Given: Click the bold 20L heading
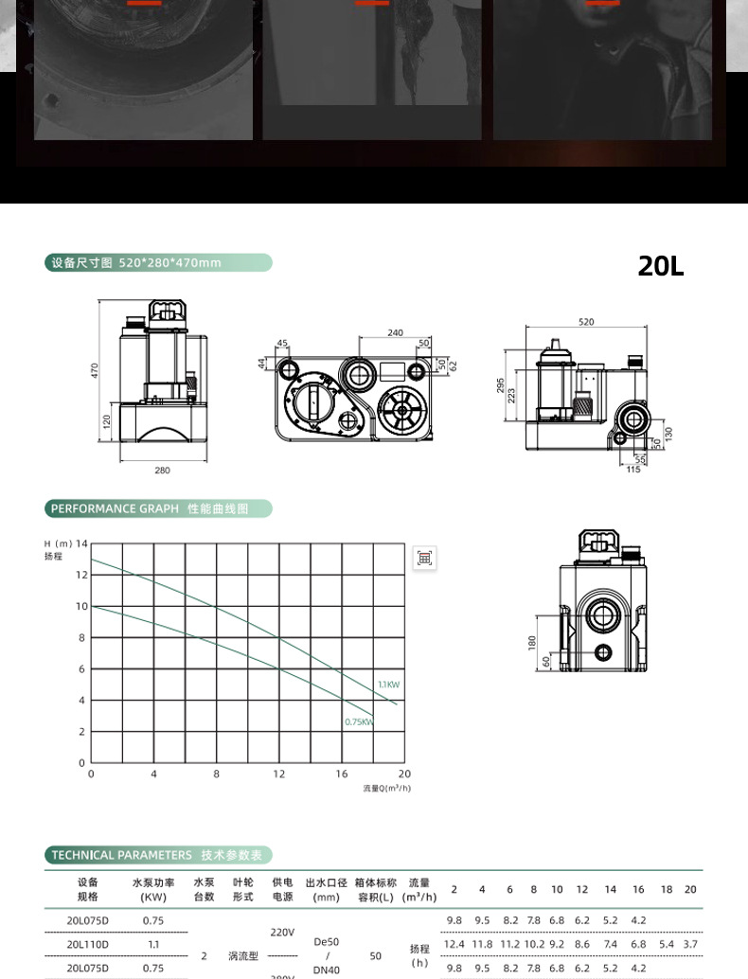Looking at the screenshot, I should (660, 266).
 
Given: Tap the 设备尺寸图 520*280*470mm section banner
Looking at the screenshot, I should (157, 263).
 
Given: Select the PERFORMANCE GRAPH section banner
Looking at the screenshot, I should (157, 509).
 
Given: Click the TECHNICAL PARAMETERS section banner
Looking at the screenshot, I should (157, 855).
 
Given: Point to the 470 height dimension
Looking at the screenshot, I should (95, 371).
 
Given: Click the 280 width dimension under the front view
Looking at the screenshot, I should (162, 471).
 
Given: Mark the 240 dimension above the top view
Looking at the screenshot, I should (395, 333).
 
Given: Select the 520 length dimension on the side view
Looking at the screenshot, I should (586, 323).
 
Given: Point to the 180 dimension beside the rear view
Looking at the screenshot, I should (532, 642).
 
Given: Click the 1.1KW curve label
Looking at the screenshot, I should (388, 684).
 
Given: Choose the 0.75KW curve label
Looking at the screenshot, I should (359, 722).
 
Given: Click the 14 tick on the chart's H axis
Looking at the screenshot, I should (81, 543).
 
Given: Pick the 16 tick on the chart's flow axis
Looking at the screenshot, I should (342, 774).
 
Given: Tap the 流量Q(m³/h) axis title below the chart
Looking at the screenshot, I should (387, 788).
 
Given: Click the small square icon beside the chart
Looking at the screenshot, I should (425, 558).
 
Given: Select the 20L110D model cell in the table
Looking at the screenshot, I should (87, 944).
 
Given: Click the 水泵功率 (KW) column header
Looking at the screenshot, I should (152, 889).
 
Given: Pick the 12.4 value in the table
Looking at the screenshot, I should (454, 944).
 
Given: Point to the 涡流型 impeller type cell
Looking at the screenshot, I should (243, 956).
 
